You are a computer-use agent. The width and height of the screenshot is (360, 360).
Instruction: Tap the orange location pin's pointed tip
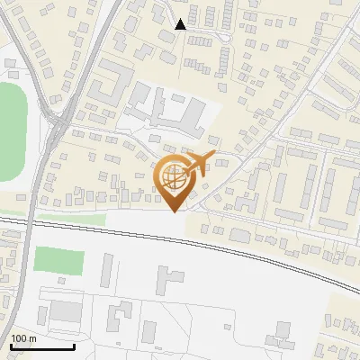click(x=174, y=211)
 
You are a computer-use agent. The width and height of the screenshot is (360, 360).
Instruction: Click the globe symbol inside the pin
click(x=173, y=177)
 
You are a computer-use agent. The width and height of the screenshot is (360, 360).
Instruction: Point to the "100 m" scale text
click(x=23, y=338)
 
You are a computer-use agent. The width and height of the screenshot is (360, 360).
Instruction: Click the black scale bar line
click(x=41, y=346)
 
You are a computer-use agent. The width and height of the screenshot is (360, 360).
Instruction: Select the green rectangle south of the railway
click(x=58, y=261)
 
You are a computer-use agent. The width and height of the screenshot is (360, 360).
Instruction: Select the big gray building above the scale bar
click(x=65, y=312)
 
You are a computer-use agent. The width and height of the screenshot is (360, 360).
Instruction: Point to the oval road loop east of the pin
click(x=220, y=180)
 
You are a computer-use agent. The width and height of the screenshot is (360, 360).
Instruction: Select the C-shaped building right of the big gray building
click(x=117, y=318)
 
